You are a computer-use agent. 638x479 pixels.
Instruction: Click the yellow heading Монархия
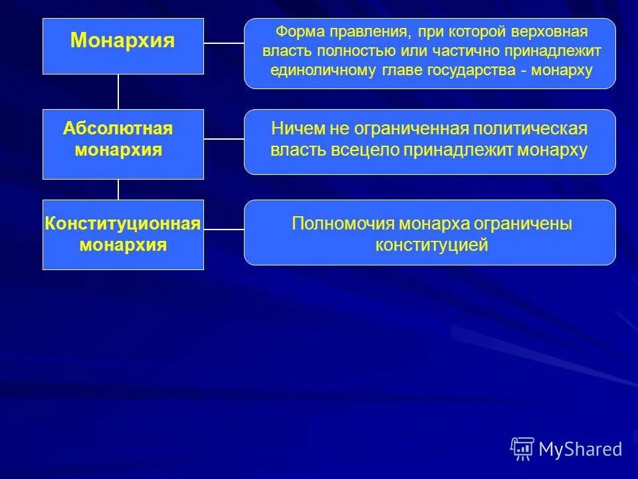[x=122, y=41]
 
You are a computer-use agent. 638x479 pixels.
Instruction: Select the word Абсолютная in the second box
[x=118, y=128]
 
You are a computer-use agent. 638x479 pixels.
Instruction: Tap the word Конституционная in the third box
[x=122, y=224]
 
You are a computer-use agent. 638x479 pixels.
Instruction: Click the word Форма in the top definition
[x=295, y=32]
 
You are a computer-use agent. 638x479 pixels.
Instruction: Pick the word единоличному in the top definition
[x=313, y=70]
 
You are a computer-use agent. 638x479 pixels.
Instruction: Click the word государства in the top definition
[x=475, y=70]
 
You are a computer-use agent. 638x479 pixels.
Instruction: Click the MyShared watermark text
[x=580, y=449]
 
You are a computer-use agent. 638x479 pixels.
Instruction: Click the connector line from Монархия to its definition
[x=223, y=43]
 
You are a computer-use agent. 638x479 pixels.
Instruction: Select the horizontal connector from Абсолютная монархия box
[x=223, y=139]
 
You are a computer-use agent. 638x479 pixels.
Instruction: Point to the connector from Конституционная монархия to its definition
[x=223, y=230]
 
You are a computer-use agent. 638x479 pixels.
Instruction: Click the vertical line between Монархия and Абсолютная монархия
[x=118, y=91]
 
